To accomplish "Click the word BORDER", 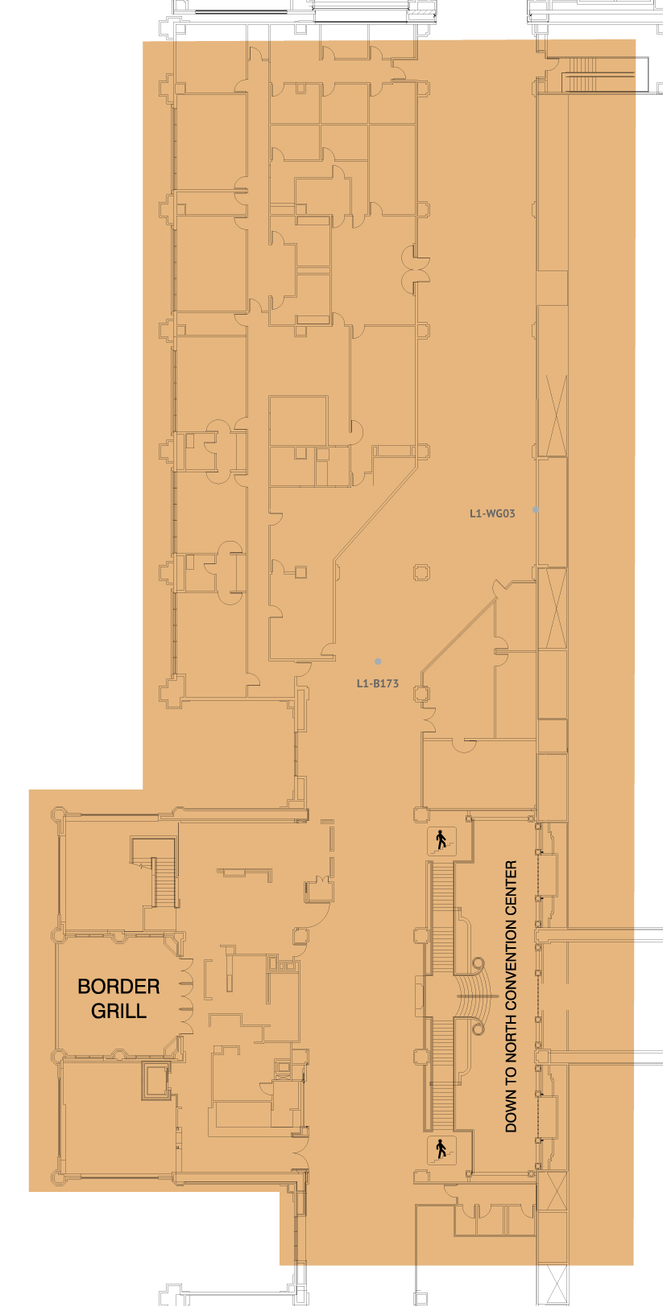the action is click(x=118, y=986).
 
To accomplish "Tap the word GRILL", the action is click(x=118, y=1011).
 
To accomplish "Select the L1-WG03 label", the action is click(x=492, y=513).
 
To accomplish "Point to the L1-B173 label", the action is click(x=377, y=683).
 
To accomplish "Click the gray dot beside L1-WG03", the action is click(x=536, y=510).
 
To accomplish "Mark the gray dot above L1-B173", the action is click(x=378, y=662).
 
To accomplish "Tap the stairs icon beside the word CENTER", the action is click(x=441, y=841).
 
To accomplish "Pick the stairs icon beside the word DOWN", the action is click(x=441, y=1149).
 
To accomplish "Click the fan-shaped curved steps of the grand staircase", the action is click(x=476, y=996).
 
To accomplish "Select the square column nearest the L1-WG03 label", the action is click(x=421, y=571).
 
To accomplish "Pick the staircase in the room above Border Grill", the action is click(x=164, y=881).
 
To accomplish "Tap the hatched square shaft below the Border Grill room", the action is click(x=156, y=1081).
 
